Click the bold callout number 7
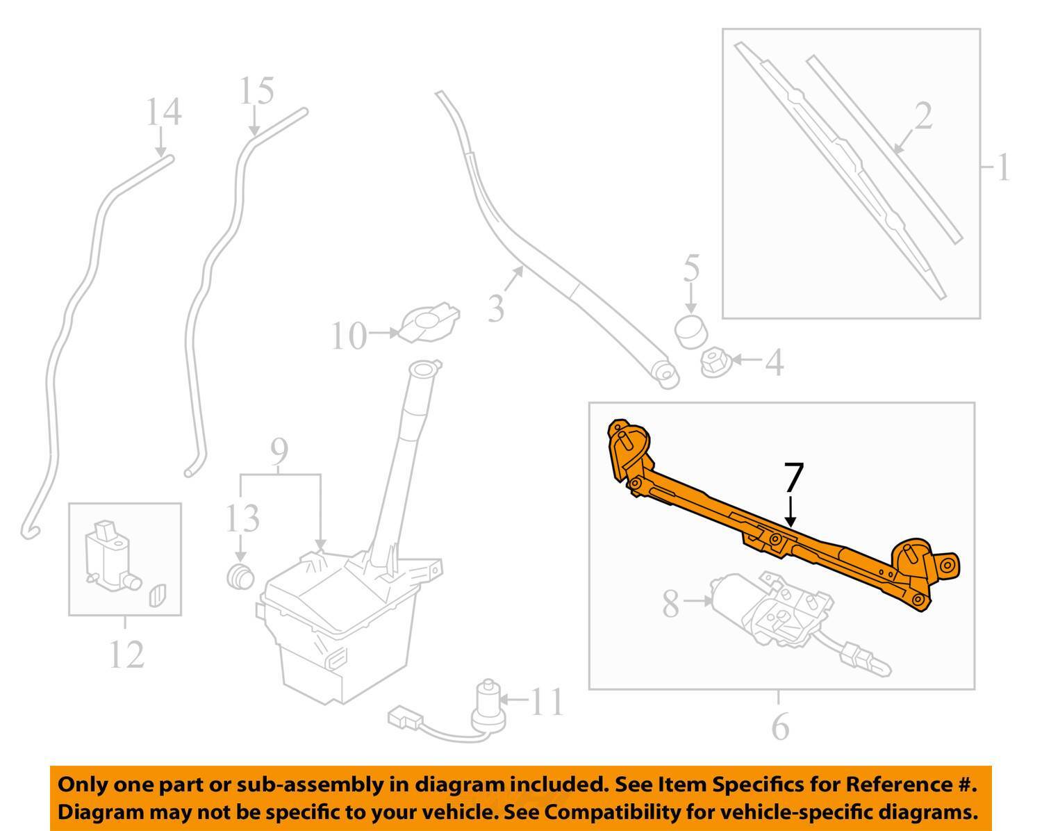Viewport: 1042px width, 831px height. click(x=793, y=477)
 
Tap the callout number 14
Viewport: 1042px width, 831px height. click(x=164, y=112)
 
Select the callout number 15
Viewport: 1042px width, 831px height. click(x=256, y=91)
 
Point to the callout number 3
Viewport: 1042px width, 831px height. click(x=495, y=308)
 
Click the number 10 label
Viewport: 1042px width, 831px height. click(x=348, y=337)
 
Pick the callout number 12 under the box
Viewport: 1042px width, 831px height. click(x=126, y=655)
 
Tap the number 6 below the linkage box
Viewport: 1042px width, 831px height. click(x=780, y=727)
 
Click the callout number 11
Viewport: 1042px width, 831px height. click(x=546, y=702)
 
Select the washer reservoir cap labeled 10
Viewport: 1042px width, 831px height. click(x=428, y=322)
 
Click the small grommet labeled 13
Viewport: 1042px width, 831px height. click(x=240, y=576)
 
